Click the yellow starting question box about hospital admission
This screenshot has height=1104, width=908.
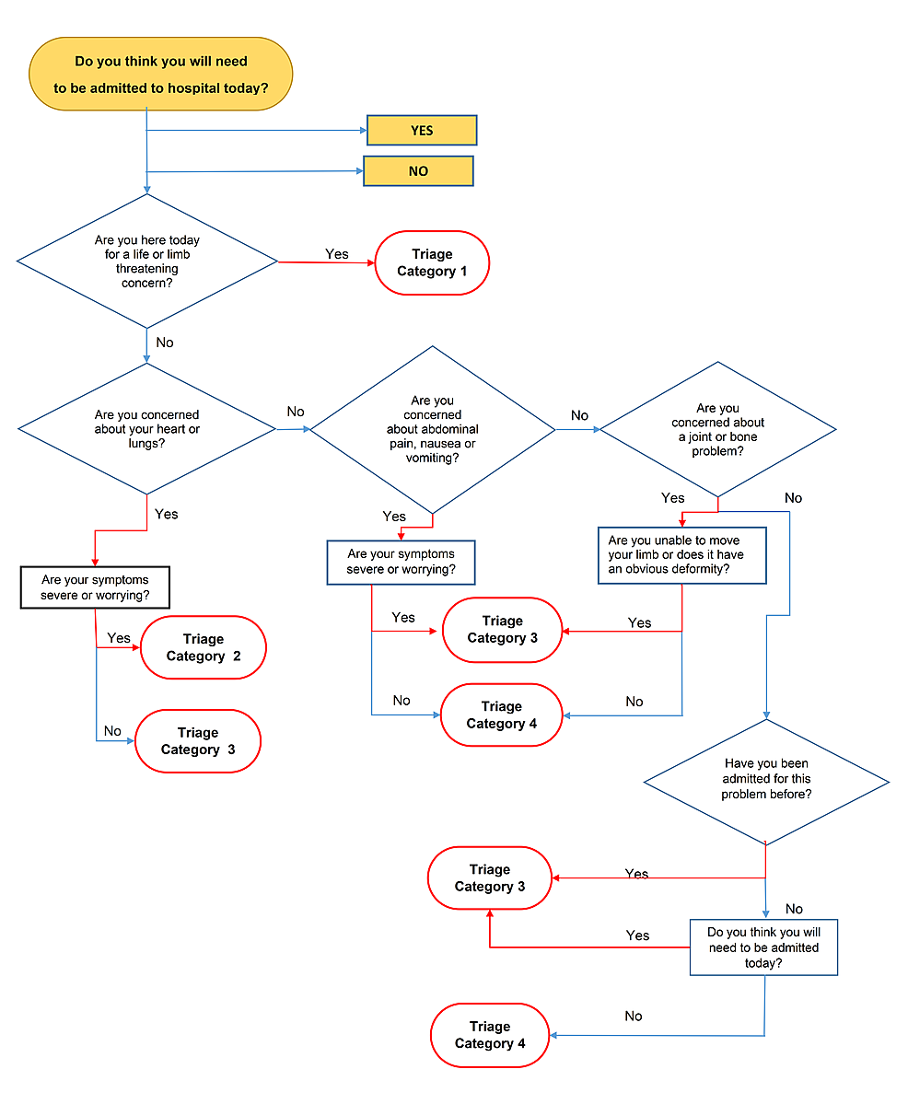[x=160, y=75]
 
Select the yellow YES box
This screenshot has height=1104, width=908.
[x=422, y=131]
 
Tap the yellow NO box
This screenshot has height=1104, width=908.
[x=418, y=171]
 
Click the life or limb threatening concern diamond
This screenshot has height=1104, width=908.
[x=147, y=261]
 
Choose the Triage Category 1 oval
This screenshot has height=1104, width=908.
[x=432, y=262]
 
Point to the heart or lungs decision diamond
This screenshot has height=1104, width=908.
[x=147, y=428]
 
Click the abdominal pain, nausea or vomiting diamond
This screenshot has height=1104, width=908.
[x=432, y=429]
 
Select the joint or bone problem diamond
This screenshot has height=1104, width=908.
[x=717, y=430]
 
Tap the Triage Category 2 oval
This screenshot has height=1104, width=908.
[x=203, y=647]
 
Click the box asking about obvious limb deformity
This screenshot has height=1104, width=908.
[x=681, y=555]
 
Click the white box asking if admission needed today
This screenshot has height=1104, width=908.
[x=763, y=947]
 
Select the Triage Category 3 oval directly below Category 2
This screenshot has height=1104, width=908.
[x=198, y=741]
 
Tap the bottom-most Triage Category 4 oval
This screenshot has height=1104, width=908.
[x=490, y=1035]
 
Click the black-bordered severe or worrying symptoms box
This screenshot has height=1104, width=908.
[x=95, y=587]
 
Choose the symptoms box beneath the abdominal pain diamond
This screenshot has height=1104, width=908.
[x=401, y=563]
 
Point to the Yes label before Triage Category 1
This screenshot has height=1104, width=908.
[x=337, y=254]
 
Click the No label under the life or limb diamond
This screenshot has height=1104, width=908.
[x=165, y=343]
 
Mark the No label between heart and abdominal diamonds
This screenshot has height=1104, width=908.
[x=296, y=412]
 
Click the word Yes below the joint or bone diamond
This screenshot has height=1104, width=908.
[x=673, y=498]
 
